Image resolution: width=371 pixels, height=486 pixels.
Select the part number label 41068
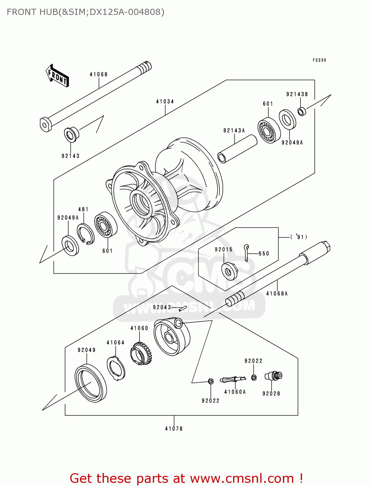pyautogui.click(x=98, y=75)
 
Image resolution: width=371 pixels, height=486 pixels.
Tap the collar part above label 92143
pyautogui.click(x=71, y=134)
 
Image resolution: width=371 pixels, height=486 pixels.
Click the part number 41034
pyautogui.click(x=165, y=101)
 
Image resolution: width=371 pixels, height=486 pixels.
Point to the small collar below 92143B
pyautogui.click(x=302, y=111)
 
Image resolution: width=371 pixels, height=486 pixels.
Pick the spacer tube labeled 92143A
pyautogui.click(x=237, y=149)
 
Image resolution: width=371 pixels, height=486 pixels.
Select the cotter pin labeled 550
pyautogui.click(x=247, y=252)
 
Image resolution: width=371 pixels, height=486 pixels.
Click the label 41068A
pyautogui.click(x=277, y=294)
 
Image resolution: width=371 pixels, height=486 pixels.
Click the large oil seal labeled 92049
pyautogui.click(x=91, y=383)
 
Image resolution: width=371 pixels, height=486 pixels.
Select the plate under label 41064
pyautogui.click(x=116, y=368)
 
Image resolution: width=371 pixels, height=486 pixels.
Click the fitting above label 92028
pyautogui.click(x=274, y=376)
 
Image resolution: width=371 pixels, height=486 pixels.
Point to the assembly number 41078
pyautogui.click(x=174, y=429)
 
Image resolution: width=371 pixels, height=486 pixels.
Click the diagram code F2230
pyautogui.click(x=319, y=60)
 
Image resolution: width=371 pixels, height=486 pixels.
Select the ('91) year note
pyautogui.click(x=298, y=237)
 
